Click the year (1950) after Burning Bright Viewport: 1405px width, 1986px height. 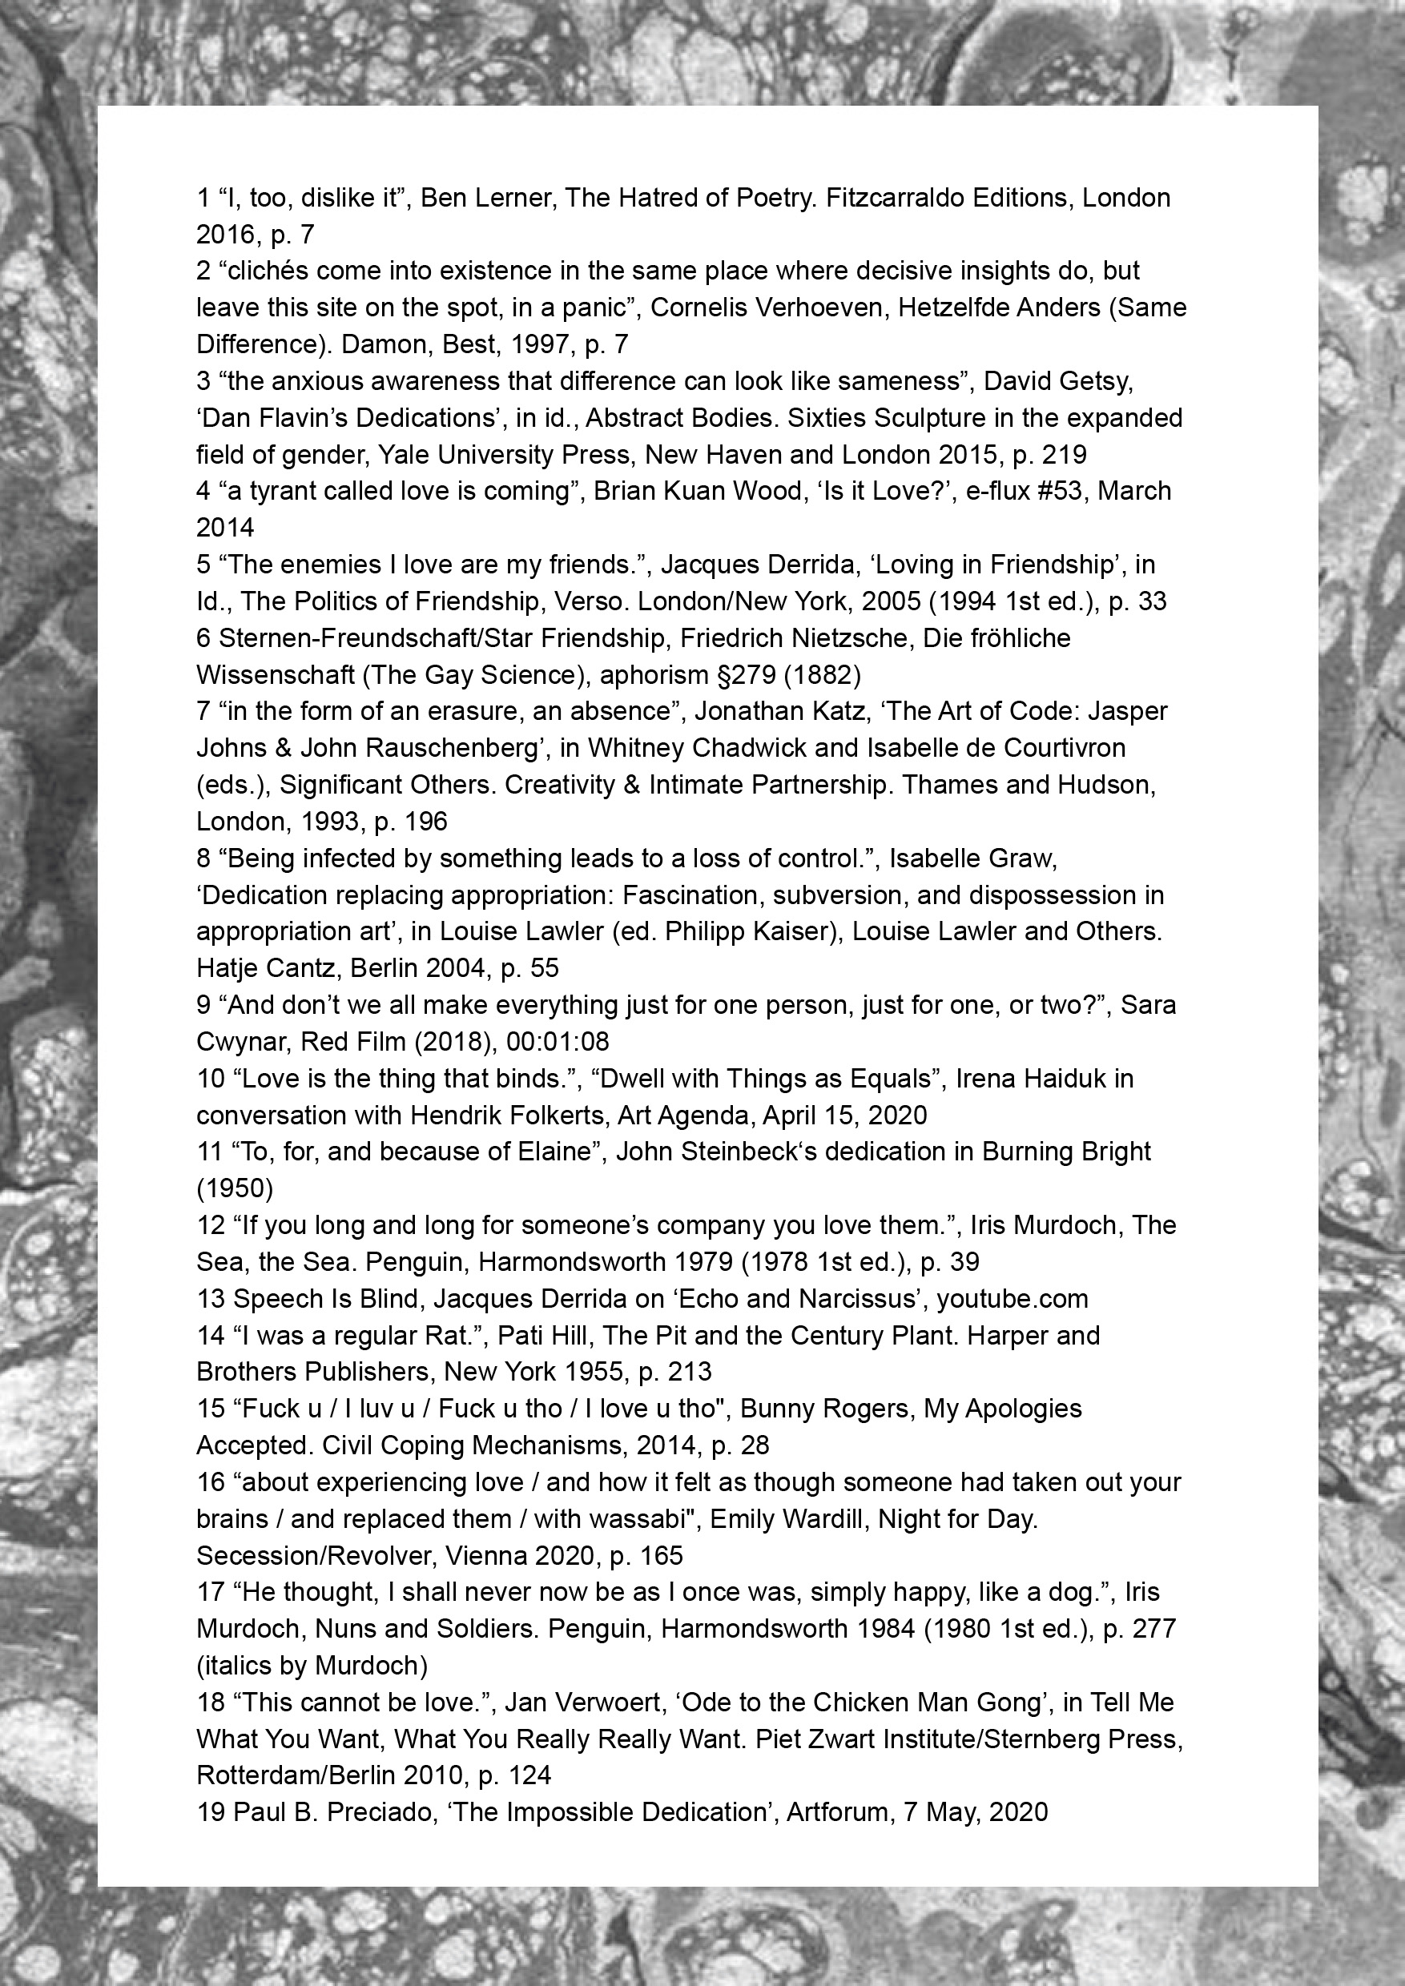point(235,1188)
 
